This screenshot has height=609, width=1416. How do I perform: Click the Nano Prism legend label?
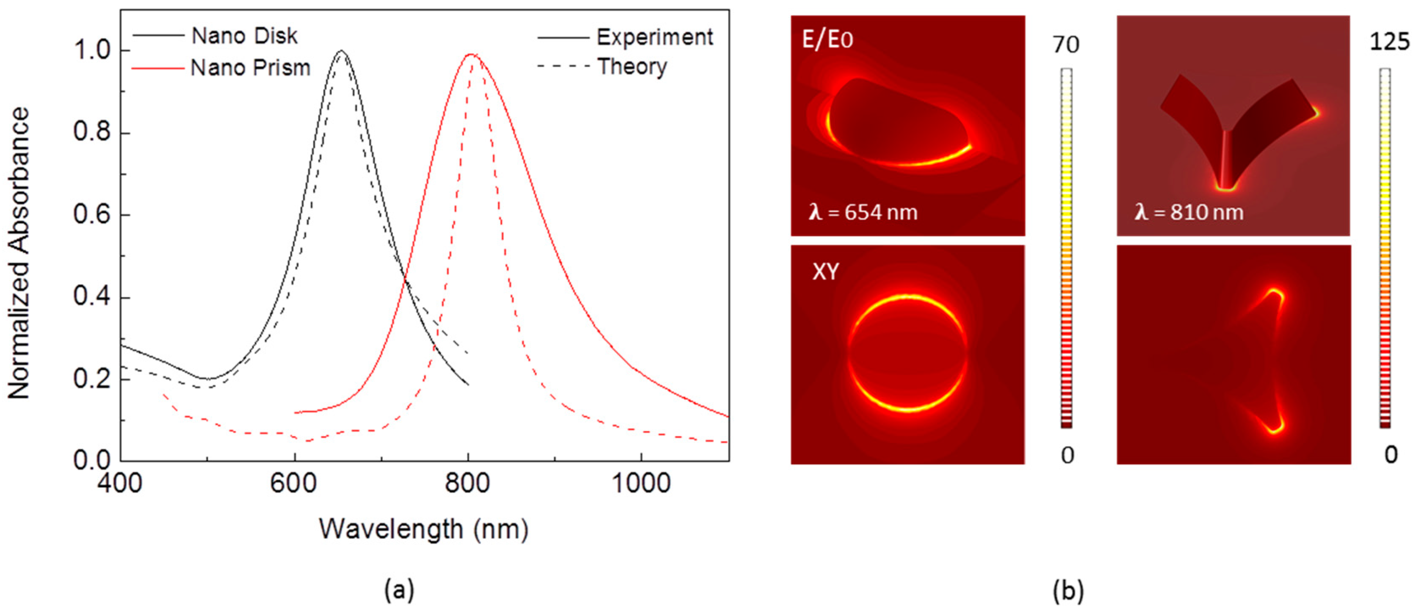coord(250,68)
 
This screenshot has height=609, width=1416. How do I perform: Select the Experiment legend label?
coord(654,37)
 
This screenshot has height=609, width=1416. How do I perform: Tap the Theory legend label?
coord(632,67)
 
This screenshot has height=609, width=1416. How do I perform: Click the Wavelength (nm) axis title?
coord(424,529)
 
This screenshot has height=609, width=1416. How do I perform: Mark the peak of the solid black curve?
coord(341,51)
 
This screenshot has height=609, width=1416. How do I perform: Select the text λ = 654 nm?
coord(863,212)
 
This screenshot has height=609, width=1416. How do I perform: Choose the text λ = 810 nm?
coord(1189,212)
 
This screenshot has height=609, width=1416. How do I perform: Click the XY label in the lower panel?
coord(825,271)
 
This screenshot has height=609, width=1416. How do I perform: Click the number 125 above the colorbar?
coord(1389,42)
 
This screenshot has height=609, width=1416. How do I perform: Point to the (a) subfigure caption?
coord(399,590)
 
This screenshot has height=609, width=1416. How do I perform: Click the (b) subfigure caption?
coord(1068,590)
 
